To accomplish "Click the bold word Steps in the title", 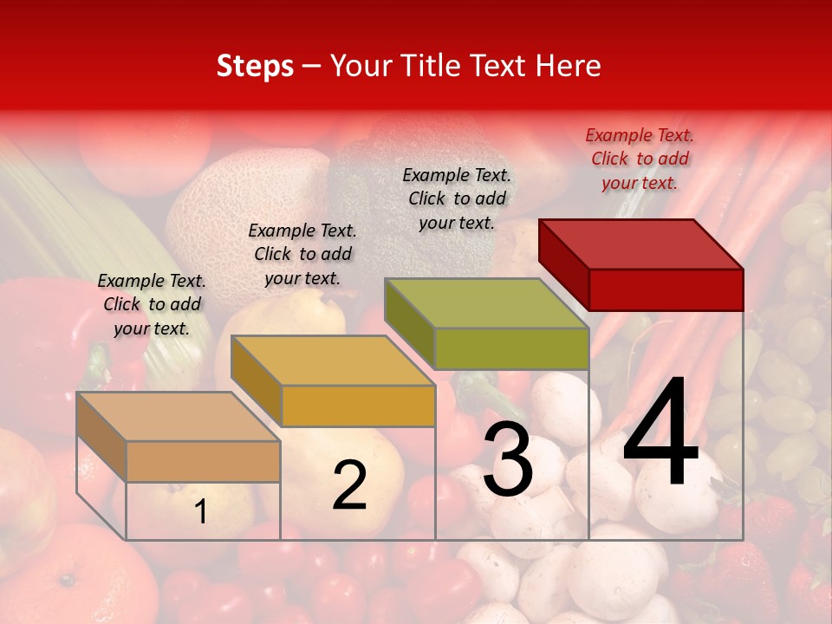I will [x=255, y=66].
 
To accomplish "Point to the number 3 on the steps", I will [x=507, y=461].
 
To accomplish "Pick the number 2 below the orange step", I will [x=349, y=485].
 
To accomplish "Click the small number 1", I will [x=200, y=512].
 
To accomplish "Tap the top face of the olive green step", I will [x=486, y=303].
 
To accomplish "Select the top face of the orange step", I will [x=333, y=361].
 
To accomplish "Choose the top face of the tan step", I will [x=179, y=417].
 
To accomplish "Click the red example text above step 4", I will [x=640, y=159].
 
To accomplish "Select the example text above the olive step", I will [x=457, y=198].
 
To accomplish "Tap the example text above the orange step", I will [x=302, y=254].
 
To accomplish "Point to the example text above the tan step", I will [x=152, y=304].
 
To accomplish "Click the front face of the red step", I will [x=666, y=289].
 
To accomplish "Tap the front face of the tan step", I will [x=203, y=462].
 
